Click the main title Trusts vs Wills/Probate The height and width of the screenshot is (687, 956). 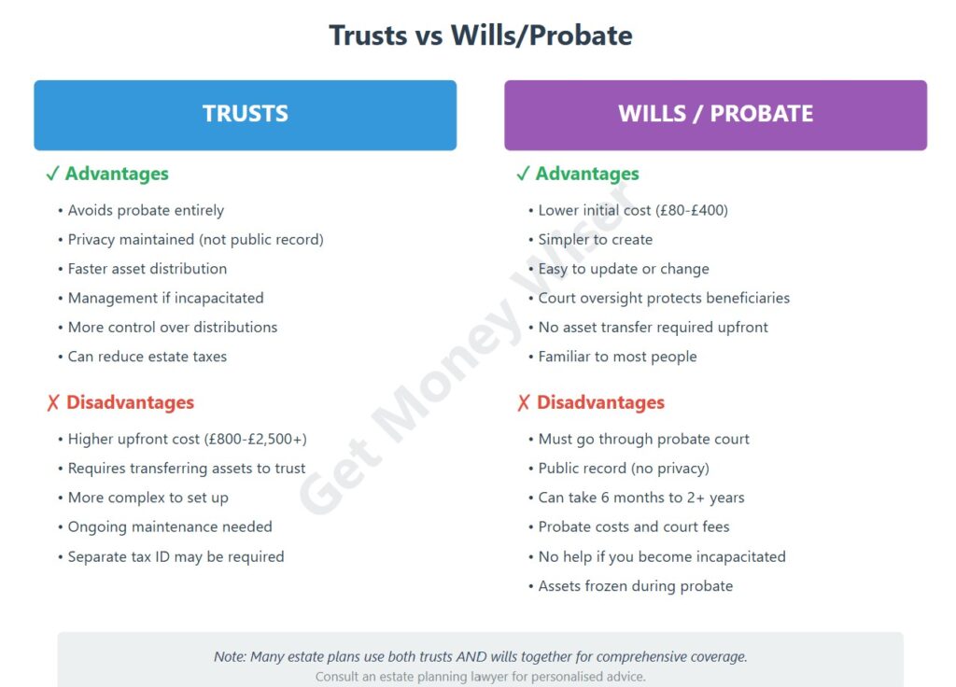480,35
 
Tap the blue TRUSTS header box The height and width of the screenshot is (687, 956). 245,114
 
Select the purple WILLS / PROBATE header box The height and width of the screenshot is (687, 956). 715,114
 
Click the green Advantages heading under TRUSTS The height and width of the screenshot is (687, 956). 117,174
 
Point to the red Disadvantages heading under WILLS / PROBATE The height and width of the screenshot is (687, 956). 600,402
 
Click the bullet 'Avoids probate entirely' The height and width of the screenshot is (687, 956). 146,210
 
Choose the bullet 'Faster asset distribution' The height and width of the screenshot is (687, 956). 147,269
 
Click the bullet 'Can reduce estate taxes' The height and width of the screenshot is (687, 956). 147,357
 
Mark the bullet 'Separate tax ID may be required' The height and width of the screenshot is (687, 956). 176,556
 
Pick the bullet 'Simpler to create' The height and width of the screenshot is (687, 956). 595,239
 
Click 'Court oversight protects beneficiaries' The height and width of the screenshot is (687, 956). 664,298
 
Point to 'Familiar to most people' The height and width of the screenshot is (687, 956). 617,357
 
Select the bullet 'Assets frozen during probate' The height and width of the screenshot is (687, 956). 635,586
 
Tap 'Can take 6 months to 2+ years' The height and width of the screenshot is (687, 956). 640,498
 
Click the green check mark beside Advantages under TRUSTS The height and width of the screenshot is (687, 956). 52,174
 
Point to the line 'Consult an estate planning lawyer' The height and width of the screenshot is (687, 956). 480,677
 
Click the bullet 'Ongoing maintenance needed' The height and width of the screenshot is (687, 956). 170,526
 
